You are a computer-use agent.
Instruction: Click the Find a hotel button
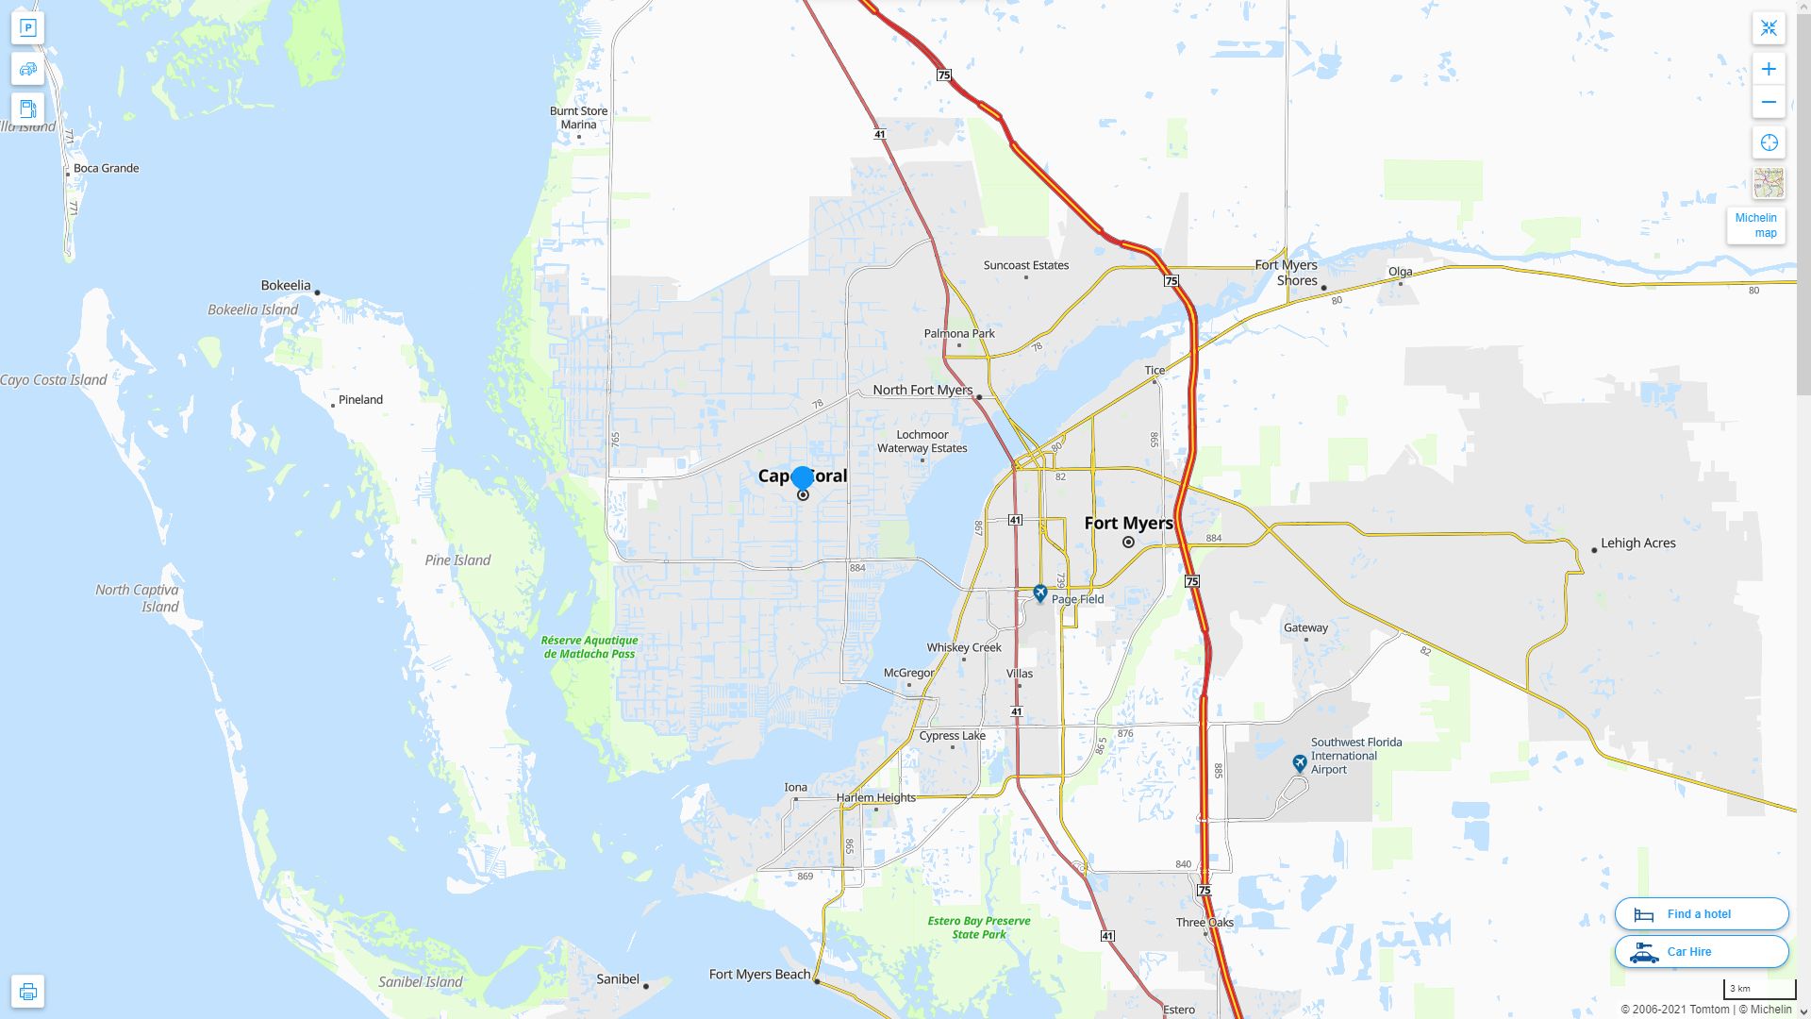pyautogui.click(x=1701, y=914)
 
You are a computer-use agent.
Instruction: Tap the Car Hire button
pyautogui.click(x=1701, y=952)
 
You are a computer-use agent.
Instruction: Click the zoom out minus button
pyautogui.click(x=1769, y=102)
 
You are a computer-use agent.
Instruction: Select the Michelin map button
pyautogui.click(x=1755, y=226)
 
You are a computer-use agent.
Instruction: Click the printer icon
pyautogui.click(x=27, y=992)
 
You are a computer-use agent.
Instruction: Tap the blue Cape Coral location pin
pyautogui.click(x=802, y=478)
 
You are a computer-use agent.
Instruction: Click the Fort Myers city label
pyautogui.click(x=1128, y=523)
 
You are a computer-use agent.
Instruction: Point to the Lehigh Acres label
pyautogui.click(x=1637, y=543)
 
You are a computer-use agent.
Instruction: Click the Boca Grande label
pyautogui.click(x=106, y=168)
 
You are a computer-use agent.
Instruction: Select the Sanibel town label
pyautogui.click(x=618, y=979)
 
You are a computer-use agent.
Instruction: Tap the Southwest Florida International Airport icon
pyautogui.click(x=1300, y=762)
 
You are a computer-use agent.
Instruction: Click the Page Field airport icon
pyautogui.click(x=1039, y=593)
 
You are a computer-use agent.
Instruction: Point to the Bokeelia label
pyautogui.click(x=285, y=285)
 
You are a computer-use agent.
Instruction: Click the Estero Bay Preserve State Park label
pyautogui.click(x=978, y=927)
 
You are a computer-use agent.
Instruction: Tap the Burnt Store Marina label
pyautogui.click(x=578, y=118)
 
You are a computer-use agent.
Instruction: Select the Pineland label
pyautogui.click(x=360, y=400)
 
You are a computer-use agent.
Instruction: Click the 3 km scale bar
pyautogui.click(x=1759, y=990)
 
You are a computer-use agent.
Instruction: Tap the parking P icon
pyautogui.click(x=27, y=27)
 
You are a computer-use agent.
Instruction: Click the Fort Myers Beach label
pyautogui.click(x=759, y=975)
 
